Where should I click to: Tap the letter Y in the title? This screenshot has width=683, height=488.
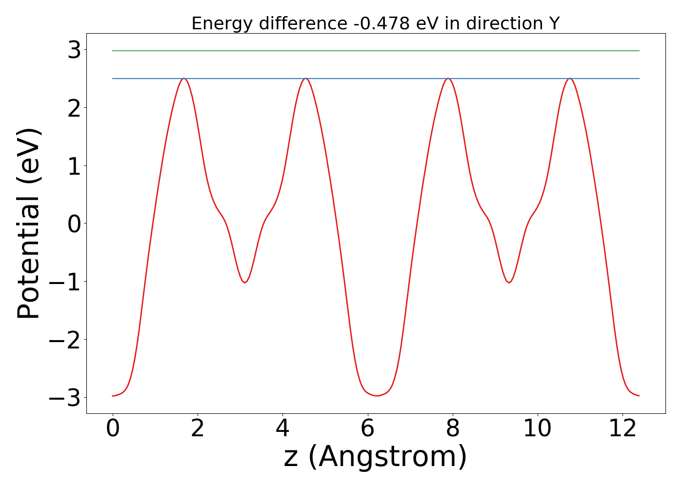pyautogui.click(x=554, y=23)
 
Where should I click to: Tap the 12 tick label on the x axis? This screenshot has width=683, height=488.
pyautogui.click(x=623, y=429)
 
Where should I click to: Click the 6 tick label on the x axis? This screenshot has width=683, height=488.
pyautogui.click(x=367, y=429)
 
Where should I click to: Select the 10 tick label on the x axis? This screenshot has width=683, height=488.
pyautogui.click(x=538, y=429)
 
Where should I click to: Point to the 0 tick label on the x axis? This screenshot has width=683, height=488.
pyautogui.click(x=113, y=429)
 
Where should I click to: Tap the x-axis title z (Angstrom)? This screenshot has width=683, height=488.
pyautogui.click(x=375, y=457)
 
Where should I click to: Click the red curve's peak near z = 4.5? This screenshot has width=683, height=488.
pyautogui.click(x=305, y=79)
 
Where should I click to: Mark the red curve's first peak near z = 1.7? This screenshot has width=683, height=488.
pyautogui.click(x=183, y=79)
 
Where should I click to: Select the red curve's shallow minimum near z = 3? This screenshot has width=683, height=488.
pyautogui.click(x=244, y=282)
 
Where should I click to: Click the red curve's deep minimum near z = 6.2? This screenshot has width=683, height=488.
pyautogui.click(x=376, y=396)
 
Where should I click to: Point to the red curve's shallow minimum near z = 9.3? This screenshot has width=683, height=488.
pyautogui.click(x=509, y=282)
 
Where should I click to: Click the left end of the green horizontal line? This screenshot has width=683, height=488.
pyautogui.click(x=113, y=51)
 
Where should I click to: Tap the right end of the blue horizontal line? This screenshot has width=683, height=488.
pyautogui.click(x=639, y=79)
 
